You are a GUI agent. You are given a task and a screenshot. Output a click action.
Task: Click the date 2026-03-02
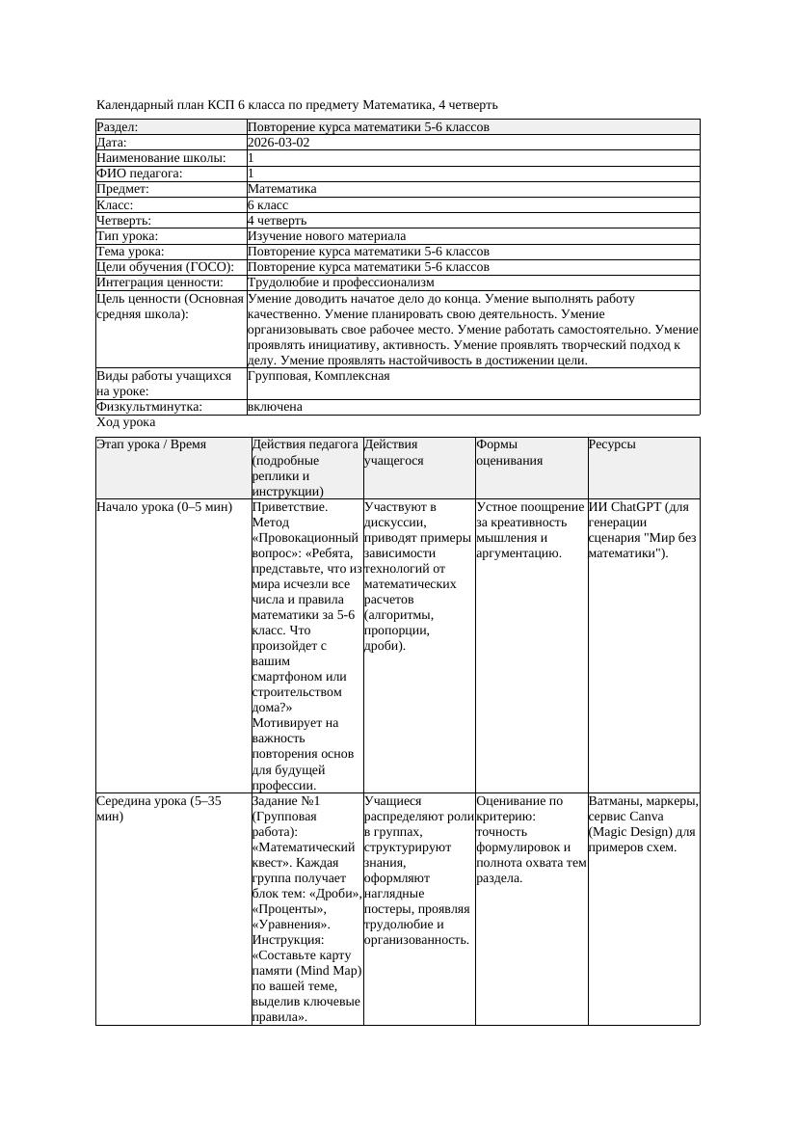click(279, 143)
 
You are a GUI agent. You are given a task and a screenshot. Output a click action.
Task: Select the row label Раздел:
click(118, 127)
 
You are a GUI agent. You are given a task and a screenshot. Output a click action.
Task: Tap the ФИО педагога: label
click(140, 174)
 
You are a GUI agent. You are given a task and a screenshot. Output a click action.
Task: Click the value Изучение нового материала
click(327, 236)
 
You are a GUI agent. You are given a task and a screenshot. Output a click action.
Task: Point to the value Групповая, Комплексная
click(319, 376)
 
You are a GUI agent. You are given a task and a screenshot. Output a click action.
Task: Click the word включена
click(275, 407)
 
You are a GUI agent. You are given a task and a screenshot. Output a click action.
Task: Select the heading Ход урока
click(126, 422)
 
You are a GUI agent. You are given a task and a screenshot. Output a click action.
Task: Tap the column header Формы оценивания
click(510, 452)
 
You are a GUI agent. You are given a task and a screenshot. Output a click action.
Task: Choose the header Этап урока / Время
click(151, 444)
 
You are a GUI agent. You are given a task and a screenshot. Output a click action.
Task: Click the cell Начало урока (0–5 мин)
click(165, 507)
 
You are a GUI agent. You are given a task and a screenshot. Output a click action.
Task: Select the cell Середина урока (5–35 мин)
click(159, 808)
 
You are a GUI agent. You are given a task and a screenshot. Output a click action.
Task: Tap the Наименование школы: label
click(162, 158)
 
